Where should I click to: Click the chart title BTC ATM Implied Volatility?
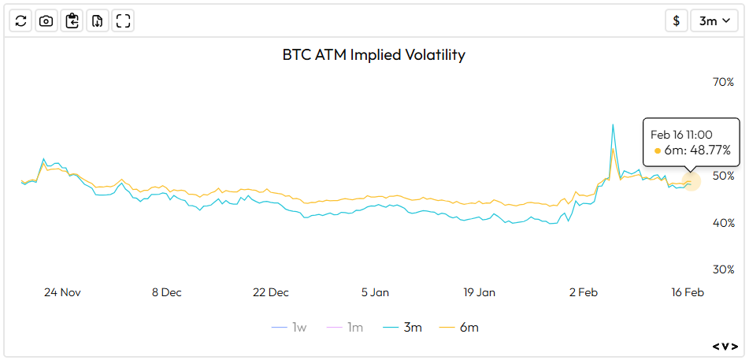coord(374,55)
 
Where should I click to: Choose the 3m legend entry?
coord(402,327)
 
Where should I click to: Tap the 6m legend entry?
coord(459,327)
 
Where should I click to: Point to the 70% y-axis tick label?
coord(722,82)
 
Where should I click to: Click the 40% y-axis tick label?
coord(722,223)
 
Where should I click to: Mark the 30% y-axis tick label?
coord(722,269)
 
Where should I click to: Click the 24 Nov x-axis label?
coord(62,292)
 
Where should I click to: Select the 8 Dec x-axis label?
coord(166,292)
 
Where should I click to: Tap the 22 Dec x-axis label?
coord(270,292)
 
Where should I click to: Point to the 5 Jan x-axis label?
coord(375,292)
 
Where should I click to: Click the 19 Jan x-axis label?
coord(479,292)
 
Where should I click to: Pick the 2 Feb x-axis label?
coord(583,292)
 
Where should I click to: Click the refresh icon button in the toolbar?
coord(21,21)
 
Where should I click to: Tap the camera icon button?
coord(46,21)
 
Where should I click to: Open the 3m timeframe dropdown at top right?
coord(714,21)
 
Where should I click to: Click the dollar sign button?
coord(676,21)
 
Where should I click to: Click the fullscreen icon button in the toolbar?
coord(123,21)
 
